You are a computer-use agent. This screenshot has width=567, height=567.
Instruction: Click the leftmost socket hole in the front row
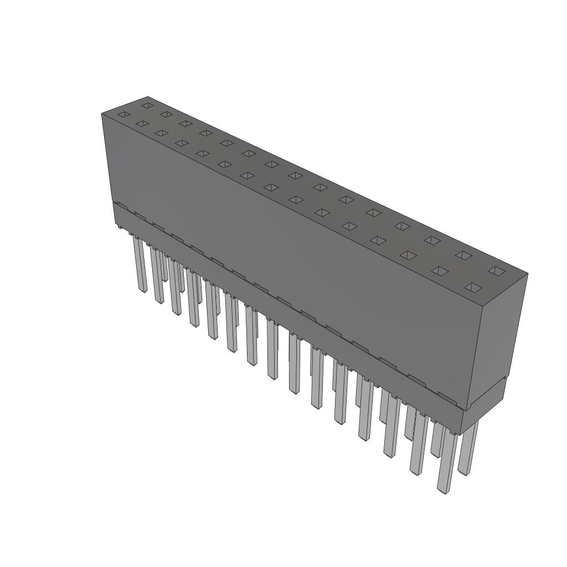tap(123, 114)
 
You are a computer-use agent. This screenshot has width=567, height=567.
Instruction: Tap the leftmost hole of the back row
tap(147, 105)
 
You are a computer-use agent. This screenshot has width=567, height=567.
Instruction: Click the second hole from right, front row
tap(440, 271)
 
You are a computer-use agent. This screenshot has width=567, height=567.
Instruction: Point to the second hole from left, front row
tap(142, 123)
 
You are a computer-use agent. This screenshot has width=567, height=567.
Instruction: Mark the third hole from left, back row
tap(185, 123)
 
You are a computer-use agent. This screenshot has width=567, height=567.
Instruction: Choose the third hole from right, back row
tap(432, 240)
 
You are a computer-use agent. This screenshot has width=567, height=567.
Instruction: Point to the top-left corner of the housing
tap(102, 114)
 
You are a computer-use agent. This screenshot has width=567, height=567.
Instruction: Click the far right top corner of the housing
tap(527, 274)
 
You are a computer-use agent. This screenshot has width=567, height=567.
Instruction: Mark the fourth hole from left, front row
tap(182, 143)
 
